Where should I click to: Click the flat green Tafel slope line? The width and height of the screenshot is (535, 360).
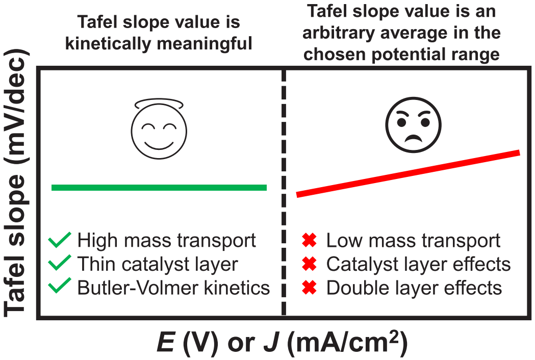click(159, 187)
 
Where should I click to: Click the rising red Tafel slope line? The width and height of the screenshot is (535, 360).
click(408, 174)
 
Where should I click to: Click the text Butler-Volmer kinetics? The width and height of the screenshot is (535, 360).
click(173, 288)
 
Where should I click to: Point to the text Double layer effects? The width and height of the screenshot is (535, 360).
click(414, 288)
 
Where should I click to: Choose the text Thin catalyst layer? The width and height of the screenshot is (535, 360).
click(158, 264)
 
